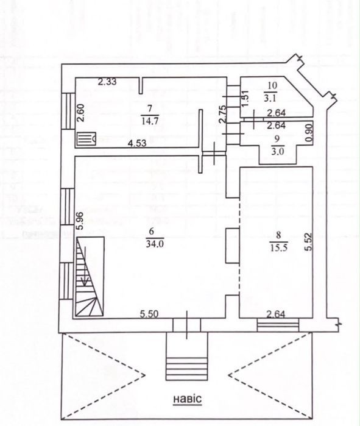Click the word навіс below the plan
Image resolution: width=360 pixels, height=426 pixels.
pos(188,399)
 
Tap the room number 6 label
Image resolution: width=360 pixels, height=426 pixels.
pos(152,231)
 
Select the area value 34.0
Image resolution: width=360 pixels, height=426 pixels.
pos(155,244)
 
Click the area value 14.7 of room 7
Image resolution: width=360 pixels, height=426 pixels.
pos(150,121)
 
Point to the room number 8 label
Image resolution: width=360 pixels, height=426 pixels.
pos(278,235)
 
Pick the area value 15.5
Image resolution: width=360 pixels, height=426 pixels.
pos(279,247)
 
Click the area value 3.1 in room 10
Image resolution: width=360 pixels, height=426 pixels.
pos(270,98)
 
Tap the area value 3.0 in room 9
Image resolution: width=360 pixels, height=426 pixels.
pos(278,151)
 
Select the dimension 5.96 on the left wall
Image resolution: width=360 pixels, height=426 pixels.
pos(80,221)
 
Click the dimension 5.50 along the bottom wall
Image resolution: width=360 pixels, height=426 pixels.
pos(149,314)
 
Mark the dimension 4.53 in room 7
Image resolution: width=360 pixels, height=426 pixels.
pos(138,143)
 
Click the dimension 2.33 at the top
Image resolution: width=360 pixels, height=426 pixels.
pos(107,82)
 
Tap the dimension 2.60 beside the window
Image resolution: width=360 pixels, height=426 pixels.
pos(81,113)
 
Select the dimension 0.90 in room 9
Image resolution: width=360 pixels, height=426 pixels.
pos(309,132)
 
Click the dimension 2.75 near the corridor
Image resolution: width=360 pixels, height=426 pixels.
pos(222,115)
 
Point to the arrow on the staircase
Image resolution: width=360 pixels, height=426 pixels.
pos(85,266)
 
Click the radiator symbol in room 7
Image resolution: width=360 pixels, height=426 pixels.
pos(86,140)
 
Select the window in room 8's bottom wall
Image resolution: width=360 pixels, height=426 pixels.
pos(278,325)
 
